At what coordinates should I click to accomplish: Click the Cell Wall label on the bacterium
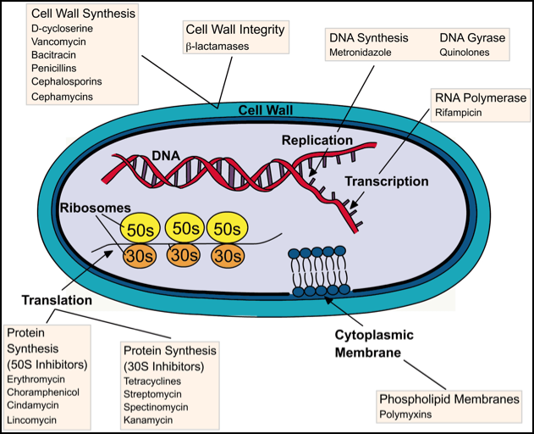267,110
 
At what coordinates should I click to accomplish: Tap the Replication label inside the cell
317,140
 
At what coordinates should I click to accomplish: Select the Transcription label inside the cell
386,181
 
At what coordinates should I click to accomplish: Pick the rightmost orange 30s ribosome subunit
226,255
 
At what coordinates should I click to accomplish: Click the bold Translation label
57,300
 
